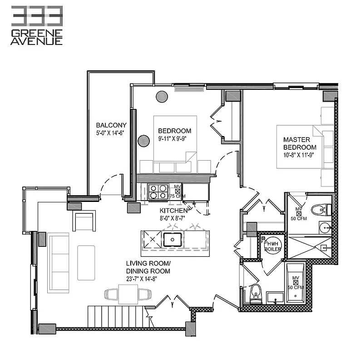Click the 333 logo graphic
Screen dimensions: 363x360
pyautogui.click(x=37, y=15)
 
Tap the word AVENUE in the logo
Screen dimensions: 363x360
pyautogui.click(x=37, y=41)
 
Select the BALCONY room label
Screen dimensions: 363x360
pyautogui.click(x=111, y=125)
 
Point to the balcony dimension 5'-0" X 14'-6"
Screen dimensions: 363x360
pyautogui.click(x=110, y=133)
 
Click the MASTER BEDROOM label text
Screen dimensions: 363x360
pyautogui.click(x=300, y=143)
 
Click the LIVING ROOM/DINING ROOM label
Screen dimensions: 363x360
pyautogui.click(x=148, y=267)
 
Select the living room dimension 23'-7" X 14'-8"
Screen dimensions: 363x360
pyautogui.click(x=148, y=280)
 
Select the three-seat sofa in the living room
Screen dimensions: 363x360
pyautogui.click(x=59, y=257)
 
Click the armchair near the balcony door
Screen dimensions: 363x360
pyautogui.click(x=84, y=221)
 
